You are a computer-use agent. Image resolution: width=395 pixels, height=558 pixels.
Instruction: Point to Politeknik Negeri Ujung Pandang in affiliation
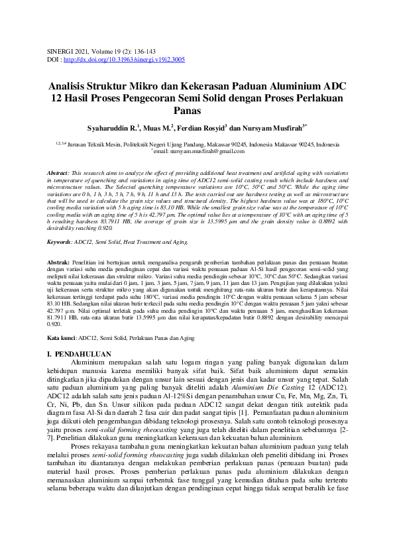[186, 144]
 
